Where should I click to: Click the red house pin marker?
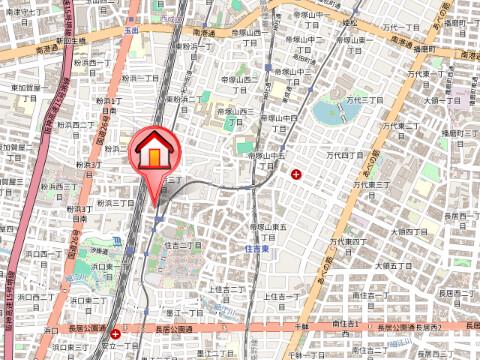153,153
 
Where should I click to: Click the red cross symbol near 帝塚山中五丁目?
296,175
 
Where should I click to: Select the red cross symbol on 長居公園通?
117,334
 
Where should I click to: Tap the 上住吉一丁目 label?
282,297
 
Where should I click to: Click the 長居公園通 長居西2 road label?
409,328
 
